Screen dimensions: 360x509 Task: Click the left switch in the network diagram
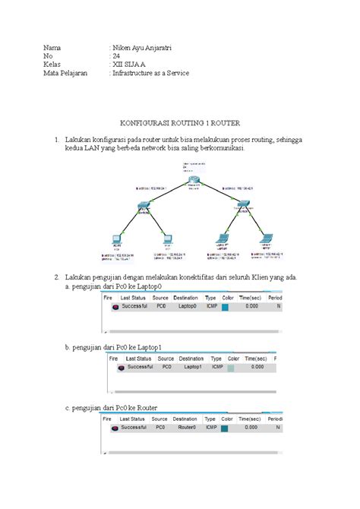pyautogui.click(x=144, y=205)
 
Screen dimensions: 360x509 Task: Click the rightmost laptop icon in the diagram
pyautogui.click(x=266, y=238)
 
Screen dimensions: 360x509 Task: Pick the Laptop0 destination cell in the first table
pyautogui.click(x=185, y=306)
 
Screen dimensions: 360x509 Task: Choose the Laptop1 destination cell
pyautogui.click(x=192, y=366)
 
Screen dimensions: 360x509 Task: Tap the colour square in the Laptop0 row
pyautogui.click(x=225, y=307)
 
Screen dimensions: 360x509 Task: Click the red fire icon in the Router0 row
pyautogui.click(x=114, y=428)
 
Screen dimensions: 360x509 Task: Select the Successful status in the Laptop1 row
pyautogui.click(x=141, y=366)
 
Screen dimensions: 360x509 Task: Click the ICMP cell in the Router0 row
pyautogui.click(x=210, y=428)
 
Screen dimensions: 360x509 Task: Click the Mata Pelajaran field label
pyautogui.click(x=65, y=74)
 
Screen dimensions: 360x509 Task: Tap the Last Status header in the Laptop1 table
pyautogui.click(x=141, y=357)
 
